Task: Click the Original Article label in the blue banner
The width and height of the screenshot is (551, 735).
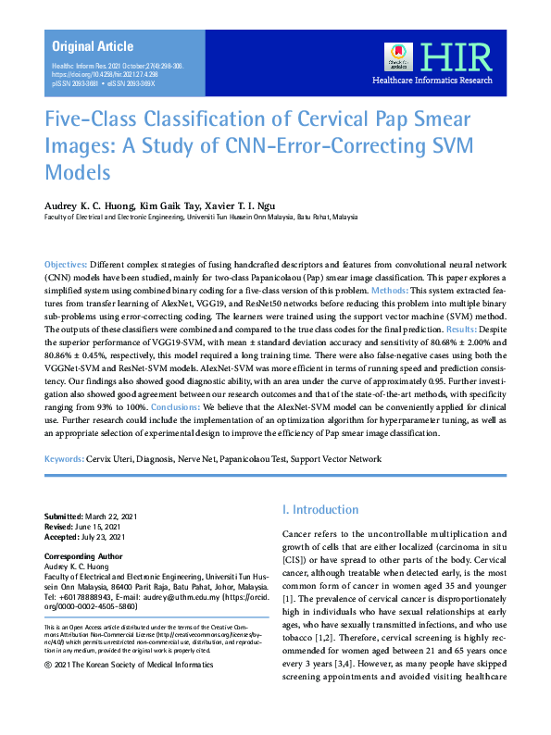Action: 93,46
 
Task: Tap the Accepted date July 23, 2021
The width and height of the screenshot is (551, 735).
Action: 105,535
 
